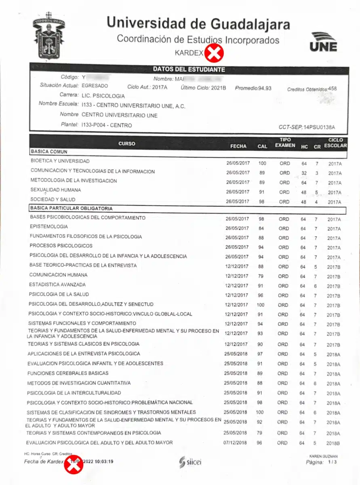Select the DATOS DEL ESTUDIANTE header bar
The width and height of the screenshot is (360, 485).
tap(189, 70)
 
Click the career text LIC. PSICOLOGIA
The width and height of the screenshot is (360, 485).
tap(103, 96)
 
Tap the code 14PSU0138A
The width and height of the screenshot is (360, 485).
tap(319, 127)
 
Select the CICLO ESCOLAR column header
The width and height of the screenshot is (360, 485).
tap(335, 143)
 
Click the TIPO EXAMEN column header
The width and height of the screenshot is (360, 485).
tap(285, 142)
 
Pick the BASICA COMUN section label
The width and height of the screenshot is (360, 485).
tap(49, 152)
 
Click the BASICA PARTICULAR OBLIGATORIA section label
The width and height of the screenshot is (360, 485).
tap(71, 209)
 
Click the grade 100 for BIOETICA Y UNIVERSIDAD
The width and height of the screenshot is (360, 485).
tap(262, 163)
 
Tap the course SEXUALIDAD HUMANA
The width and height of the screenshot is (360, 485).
tap(56, 190)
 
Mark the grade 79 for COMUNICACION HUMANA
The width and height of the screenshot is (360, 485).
tap(261, 276)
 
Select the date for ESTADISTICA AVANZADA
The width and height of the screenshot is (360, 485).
tap(237, 286)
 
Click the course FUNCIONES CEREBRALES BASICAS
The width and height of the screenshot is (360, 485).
tap(68, 373)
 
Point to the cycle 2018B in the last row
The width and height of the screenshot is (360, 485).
tap(333, 443)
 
